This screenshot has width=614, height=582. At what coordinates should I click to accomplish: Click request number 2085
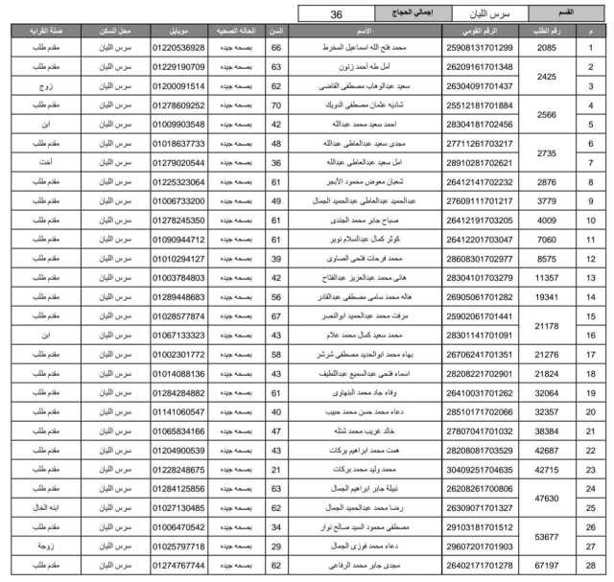[x=547, y=48]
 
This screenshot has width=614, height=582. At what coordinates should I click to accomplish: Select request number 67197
[x=547, y=565]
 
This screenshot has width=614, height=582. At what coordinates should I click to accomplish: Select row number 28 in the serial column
[x=591, y=565]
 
